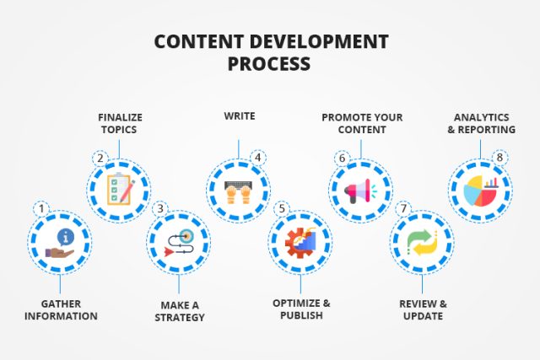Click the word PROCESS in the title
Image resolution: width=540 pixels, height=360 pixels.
[269, 63]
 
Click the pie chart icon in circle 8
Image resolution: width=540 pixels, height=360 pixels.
[481, 190]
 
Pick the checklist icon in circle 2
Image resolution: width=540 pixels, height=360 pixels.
[120, 189]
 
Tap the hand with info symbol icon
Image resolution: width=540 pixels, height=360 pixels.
[59, 242]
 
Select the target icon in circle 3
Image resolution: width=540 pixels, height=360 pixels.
[179, 242]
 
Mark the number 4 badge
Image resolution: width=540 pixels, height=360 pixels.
[257, 157]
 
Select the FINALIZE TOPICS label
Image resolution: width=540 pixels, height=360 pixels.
[119, 124]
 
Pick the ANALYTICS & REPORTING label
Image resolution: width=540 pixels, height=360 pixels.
[481, 124]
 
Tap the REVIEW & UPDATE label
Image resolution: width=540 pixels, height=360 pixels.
[422, 310]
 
